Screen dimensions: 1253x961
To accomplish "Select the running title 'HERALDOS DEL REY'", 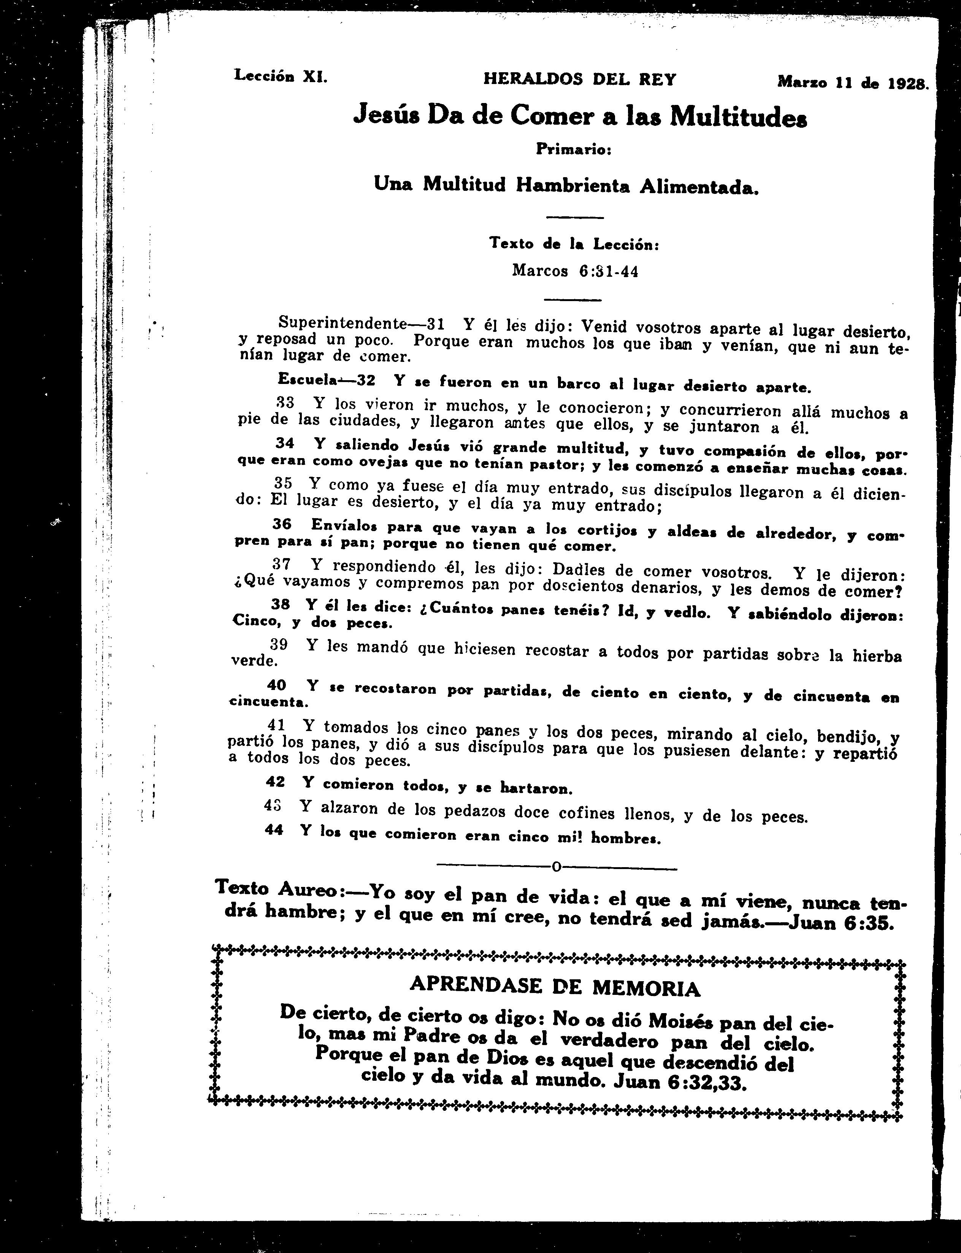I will [579, 79].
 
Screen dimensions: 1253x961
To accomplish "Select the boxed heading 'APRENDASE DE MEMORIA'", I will [555, 986].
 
